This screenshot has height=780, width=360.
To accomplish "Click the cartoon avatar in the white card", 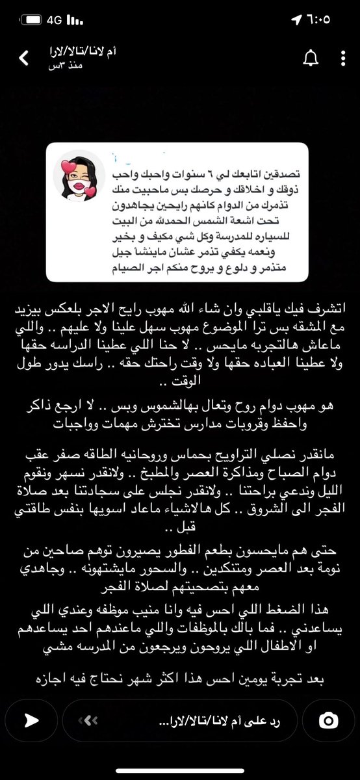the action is (x=79, y=177).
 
